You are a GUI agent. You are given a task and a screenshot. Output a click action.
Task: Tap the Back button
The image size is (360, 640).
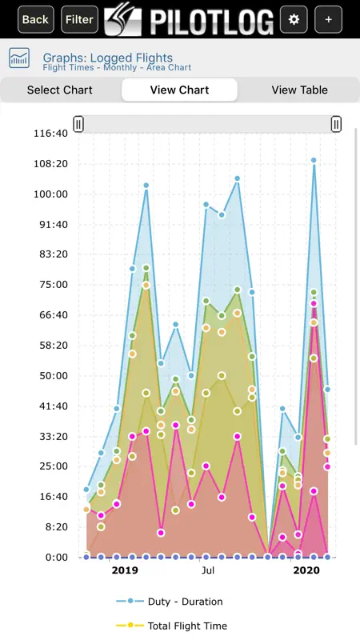[x=35, y=19]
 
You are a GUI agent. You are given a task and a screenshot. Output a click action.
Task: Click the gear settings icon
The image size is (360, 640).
[x=294, y=19]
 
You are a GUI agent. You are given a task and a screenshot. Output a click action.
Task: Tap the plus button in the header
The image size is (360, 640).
[x=329, y=19]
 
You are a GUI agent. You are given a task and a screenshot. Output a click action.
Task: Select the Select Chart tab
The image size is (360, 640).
[x=59, y=90]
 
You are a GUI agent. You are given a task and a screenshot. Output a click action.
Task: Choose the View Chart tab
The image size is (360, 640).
[x=179, y=90]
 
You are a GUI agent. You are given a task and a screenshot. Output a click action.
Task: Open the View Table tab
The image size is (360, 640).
[x=299, y=90]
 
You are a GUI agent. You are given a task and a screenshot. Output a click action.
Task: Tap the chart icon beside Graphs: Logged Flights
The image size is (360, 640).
[x=19, y=58]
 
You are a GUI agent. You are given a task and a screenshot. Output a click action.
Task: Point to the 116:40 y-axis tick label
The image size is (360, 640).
[x=50, y=134]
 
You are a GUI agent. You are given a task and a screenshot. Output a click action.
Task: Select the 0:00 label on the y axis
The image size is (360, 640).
[x=56, y=557]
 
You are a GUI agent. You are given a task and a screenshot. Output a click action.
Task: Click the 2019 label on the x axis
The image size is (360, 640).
[x=125, y=570]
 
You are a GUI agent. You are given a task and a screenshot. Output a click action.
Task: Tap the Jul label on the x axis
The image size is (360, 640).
[x=208, y=570]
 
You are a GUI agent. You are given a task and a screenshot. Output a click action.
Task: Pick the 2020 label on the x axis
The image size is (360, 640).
[x=306, y=570]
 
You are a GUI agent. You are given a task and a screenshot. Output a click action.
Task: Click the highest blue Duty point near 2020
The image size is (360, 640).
[x=314, y=161]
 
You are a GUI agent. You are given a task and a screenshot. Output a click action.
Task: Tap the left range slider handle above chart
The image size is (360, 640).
[x=78, y=124]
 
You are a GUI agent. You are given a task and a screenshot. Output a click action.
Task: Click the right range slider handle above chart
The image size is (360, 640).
[x=336, y=124]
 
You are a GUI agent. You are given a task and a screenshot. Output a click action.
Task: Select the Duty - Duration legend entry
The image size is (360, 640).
[x=170, y=602]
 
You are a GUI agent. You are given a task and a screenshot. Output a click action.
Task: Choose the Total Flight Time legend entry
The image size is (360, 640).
[x=171, y=626]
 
